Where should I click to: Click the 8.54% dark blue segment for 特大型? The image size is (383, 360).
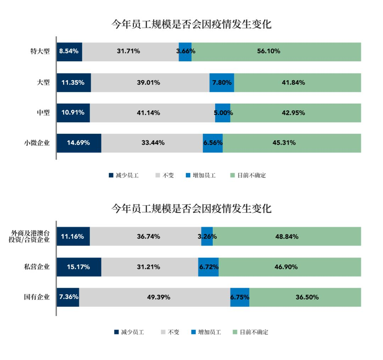click(70, 52)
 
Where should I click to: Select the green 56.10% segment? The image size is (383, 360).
click(276, 52)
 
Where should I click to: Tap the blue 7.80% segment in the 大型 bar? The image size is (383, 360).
click(222, 83)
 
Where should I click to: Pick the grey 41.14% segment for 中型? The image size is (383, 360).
click(152, 113)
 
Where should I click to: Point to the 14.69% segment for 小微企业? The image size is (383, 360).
click(79, 143)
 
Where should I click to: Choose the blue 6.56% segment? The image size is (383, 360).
click(213, 143)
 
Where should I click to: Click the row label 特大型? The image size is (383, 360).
click(40, 52)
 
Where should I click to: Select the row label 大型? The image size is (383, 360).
click(43, 83)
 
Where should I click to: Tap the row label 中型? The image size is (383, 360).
click(43, 113)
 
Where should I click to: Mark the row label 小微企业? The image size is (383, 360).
click(37, 143)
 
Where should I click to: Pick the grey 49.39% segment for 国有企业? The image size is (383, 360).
click(155, 297)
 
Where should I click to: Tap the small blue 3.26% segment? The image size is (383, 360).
click(207, 236)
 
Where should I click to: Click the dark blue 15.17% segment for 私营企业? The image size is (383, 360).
click(79, 267)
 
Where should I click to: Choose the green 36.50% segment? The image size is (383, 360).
click(305, 297)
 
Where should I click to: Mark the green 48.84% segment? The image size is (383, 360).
click(287, 236)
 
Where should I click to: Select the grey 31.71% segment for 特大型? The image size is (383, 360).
click(131, 52)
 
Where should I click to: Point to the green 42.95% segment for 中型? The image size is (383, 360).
click(295, 113)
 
